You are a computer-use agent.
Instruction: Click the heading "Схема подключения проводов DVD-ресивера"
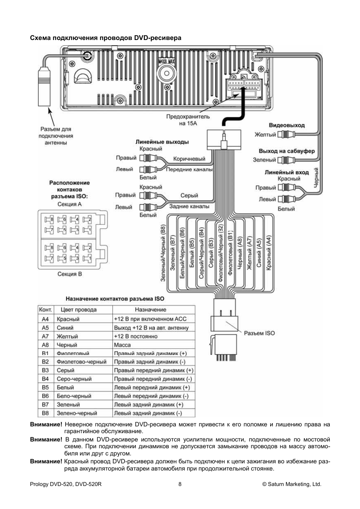106,38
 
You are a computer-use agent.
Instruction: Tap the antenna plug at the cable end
44,86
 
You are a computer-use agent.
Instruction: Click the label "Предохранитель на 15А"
188,120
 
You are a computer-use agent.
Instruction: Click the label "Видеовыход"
287,125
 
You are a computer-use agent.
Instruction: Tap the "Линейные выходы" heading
162,142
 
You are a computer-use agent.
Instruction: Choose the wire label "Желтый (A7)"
249,253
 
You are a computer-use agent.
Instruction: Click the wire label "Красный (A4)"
269,253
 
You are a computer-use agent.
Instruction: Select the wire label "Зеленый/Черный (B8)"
163,253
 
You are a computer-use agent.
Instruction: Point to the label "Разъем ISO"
259,333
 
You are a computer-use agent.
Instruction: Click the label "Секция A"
69,204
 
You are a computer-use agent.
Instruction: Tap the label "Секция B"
69,274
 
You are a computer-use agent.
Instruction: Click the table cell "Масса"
122,345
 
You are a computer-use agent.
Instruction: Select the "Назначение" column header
151,309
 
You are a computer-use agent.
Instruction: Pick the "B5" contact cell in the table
45,388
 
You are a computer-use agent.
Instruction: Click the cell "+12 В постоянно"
136,336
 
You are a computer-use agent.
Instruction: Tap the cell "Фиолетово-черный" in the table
82,362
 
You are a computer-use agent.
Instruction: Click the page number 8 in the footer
180,484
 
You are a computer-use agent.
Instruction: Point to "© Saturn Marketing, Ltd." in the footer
292,484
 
